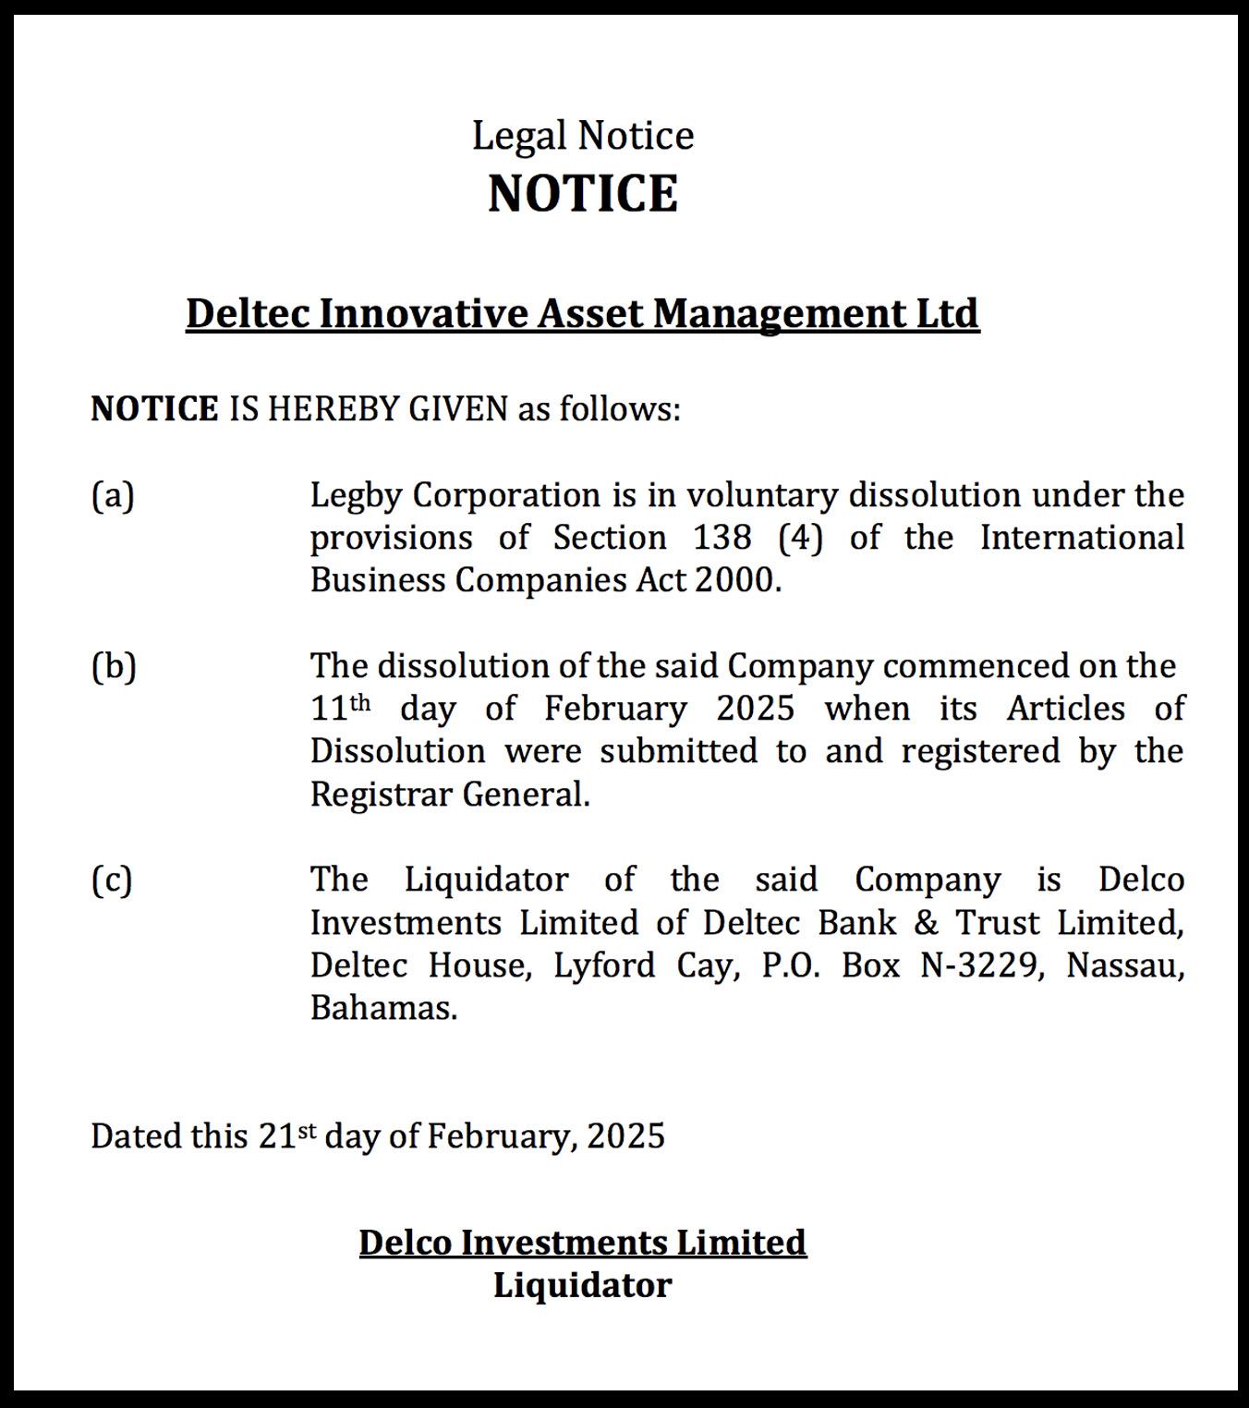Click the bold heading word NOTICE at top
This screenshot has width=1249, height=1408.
click(583, 193)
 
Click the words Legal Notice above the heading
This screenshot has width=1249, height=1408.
click(583, 136)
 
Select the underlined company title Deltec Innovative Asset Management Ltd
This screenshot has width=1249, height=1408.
click(582, 313)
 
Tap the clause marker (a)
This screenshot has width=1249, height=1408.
click(113, 496)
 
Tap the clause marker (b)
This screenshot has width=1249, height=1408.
click(114, 666)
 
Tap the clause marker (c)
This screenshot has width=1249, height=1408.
click(112, 880)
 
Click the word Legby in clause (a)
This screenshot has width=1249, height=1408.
click(355, 496)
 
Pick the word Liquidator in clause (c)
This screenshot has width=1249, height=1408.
click(486, 880)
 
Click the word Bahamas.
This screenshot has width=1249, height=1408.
click(383, 1008)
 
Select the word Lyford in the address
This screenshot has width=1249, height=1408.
click(604, 965)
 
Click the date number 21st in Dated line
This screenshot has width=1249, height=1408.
click(286, 1135)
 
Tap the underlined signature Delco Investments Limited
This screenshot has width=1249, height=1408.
click(583, 1243)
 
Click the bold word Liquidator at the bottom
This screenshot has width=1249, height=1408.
click(582, 1285)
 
